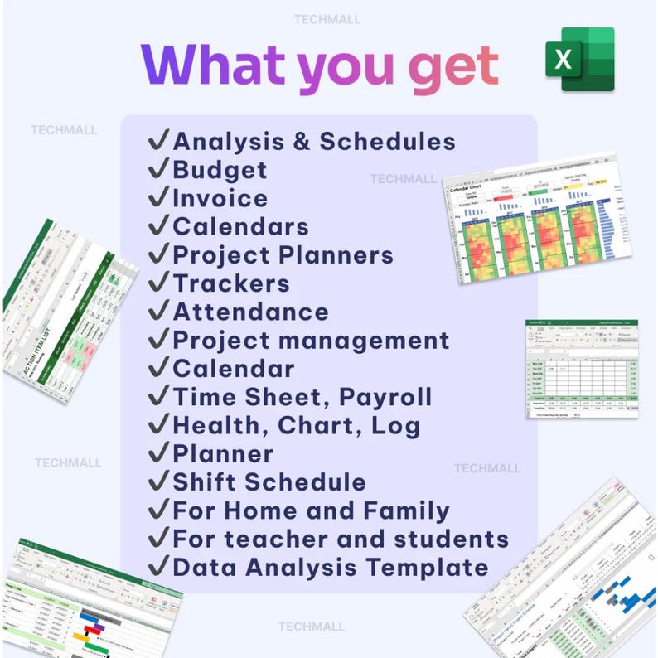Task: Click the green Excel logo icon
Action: click(579, 59)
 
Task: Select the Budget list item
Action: click(220, 171)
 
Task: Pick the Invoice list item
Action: click(220, 199)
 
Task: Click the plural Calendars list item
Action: click(240, 227)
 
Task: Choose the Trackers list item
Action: click(231, 283)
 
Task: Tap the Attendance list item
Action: click(250, 312)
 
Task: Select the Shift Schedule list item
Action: click(269, 482)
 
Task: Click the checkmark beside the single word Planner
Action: click(158, 453)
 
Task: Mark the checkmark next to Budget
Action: click(158, 170)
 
